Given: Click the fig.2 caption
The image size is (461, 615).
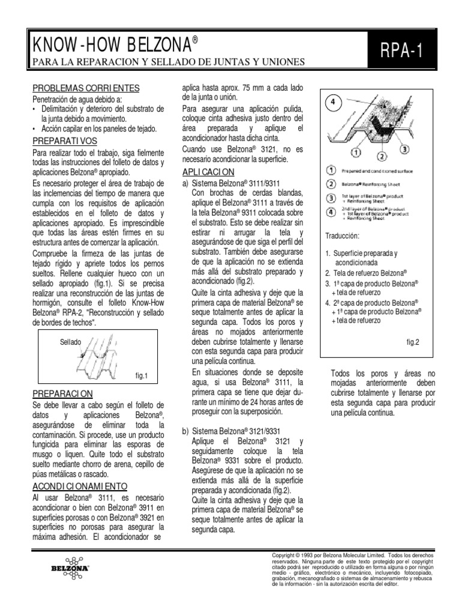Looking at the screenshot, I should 412,342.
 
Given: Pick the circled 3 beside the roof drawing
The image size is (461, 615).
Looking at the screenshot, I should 405,148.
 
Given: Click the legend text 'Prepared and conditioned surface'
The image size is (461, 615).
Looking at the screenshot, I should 376,171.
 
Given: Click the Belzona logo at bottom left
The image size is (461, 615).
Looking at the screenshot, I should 71,566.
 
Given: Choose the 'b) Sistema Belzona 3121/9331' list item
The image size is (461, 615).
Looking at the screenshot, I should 232,432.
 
